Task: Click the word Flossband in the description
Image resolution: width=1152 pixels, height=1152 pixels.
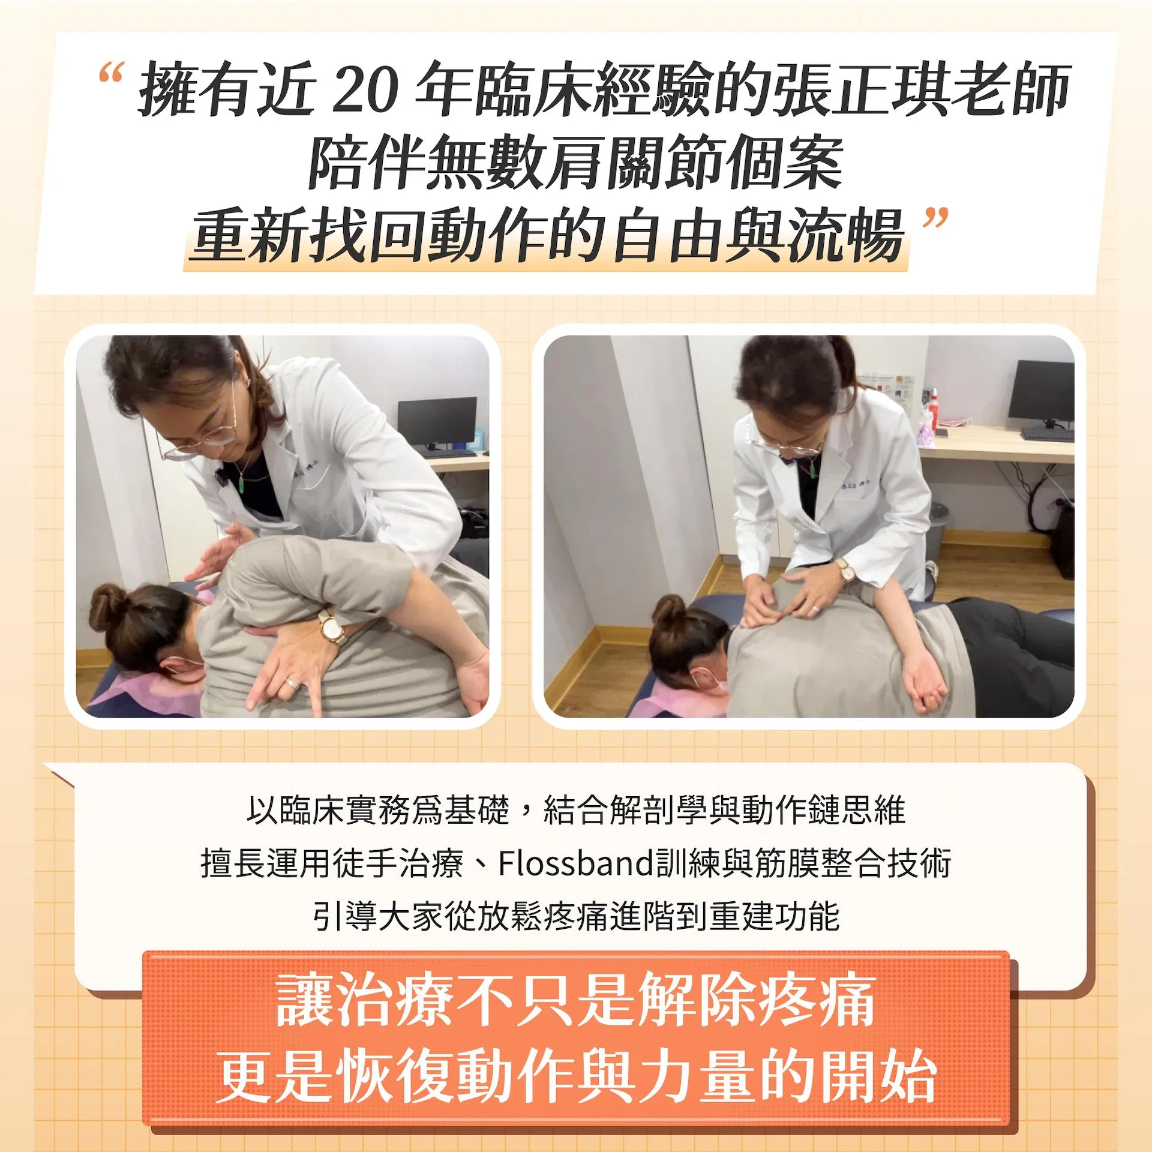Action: pyautogui.click(x=575, y=863)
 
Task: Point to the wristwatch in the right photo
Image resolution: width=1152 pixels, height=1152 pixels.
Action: pyautogui.click(x=847, y=569)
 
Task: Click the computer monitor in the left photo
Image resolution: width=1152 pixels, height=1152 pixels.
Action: pyautogui.click(x=437, y=422)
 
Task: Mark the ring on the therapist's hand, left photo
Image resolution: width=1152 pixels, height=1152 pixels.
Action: pyautogui.click(x=291, y=683)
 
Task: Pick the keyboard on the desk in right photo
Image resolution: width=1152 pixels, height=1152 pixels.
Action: pyautogui.click(x=1047, y=433)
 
